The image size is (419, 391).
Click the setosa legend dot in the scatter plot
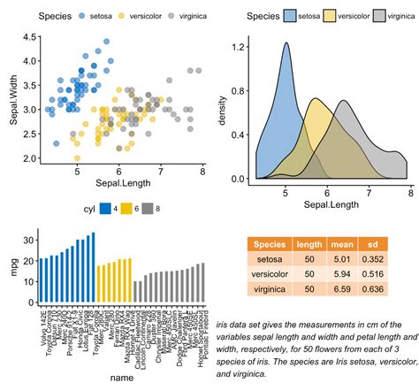84,17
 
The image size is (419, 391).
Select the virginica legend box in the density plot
380,16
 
